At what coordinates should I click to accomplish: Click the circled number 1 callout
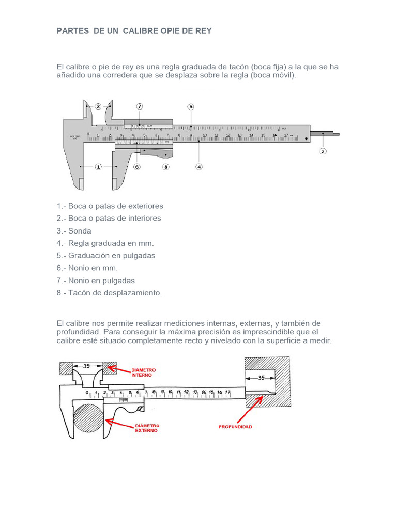click(98, 167)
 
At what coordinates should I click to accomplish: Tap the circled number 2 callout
click(98, 106)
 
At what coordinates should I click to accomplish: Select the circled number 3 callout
click(323, 151)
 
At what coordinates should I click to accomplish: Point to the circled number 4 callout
click(199, 167)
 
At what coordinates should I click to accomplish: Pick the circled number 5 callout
click(191, 106)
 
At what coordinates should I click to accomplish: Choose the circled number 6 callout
click(137, 167)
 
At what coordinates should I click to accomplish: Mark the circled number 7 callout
click(140, 106)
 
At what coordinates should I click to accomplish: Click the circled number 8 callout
click(166, 167)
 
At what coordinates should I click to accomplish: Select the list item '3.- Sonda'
click(74, 231)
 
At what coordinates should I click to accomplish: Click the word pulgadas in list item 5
click(136, 256)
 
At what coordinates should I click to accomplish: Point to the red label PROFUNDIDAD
click(235, 427)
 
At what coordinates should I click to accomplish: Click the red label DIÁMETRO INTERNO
click(144, 373)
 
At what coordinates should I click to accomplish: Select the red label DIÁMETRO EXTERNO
click(147, 428)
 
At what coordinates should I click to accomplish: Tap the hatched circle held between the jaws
click(88, 419)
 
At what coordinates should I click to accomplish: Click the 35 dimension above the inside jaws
click(87, 366)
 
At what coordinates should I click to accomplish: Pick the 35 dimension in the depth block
click(261, 378)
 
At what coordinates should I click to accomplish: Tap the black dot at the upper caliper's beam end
click(307, 138)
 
